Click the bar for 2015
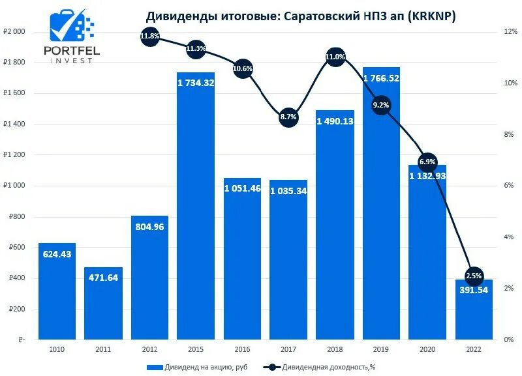point(196,209)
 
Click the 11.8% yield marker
point(149,36)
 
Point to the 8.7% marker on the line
point(288,117)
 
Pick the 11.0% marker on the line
point(335,57)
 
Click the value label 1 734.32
point(196,83)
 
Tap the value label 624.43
point(57,253)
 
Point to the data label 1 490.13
point(335,121)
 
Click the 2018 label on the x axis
point(335,351)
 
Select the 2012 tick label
point(149,351)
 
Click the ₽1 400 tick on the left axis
point(14,124)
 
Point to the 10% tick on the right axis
point(509,83)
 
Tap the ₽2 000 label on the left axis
point(14,32)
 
